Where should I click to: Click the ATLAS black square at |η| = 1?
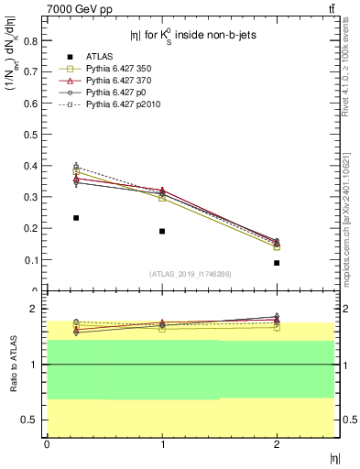[x=162, y=231]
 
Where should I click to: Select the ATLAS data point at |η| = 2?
[x=277, y=263]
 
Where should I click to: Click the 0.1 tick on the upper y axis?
[x=31, y=260]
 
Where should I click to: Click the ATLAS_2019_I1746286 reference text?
[x=190, y=274]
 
